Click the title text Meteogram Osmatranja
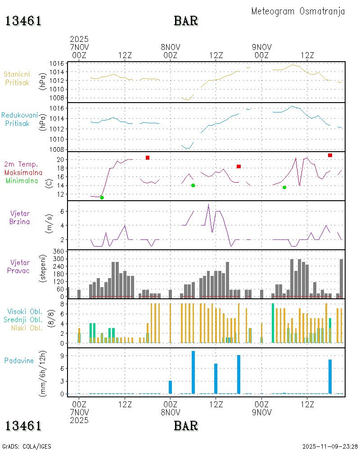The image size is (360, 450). pos(298,12)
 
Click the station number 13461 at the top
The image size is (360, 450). pos(23,21)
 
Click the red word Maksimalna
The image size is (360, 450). pos(23,172)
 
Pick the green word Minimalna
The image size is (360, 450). pos(22,181)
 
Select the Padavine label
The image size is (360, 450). pos(19,360)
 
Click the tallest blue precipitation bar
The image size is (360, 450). pos(193,372)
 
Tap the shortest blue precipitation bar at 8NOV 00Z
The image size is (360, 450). pos(171,387)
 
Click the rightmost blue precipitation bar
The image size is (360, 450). pos(330,376)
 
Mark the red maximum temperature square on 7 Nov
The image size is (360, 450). pos(148,157)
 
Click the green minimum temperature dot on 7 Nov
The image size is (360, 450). pos(102,198)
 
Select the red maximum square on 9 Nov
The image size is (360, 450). pos(330,155)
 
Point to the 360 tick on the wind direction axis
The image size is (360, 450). pos(59,251)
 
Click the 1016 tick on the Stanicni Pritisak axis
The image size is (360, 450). pos(57,63)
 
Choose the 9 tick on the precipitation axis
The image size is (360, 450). pos(63,355)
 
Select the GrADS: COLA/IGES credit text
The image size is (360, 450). pos(27,446)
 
